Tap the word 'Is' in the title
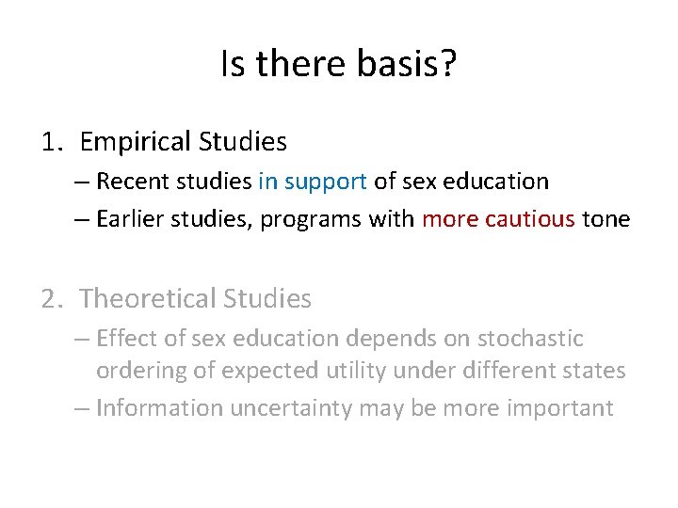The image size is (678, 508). (233, 64)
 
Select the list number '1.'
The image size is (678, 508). (53, 142)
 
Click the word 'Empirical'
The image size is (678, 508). (137, 142)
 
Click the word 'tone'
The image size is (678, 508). (605, 219)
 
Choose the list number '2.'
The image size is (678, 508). (53, 299)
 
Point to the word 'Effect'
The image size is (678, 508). (126, 338)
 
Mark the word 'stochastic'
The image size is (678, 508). (532, 338)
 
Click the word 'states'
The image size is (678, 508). (593, 371)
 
